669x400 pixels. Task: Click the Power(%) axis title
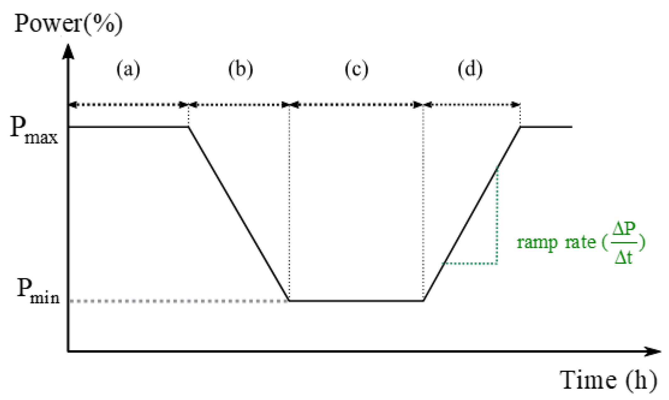click(68, 24)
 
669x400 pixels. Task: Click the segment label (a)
click(128, 69)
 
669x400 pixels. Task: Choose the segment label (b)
click(240, 69)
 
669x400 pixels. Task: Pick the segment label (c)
click(356, 69)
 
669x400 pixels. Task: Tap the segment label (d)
click(470, 69)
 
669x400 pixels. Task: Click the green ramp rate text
click(556, 242)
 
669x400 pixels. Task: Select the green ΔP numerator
click(624, 229)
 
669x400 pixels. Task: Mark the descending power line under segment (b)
click(239, 214)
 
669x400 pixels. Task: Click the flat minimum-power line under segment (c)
click(356, 301)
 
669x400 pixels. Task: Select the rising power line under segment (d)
click(472, 214)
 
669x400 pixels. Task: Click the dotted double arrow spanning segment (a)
click(128, 104)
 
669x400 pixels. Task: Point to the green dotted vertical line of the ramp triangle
click(497, 217)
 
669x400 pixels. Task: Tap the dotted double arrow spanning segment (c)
click(356, 104)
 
